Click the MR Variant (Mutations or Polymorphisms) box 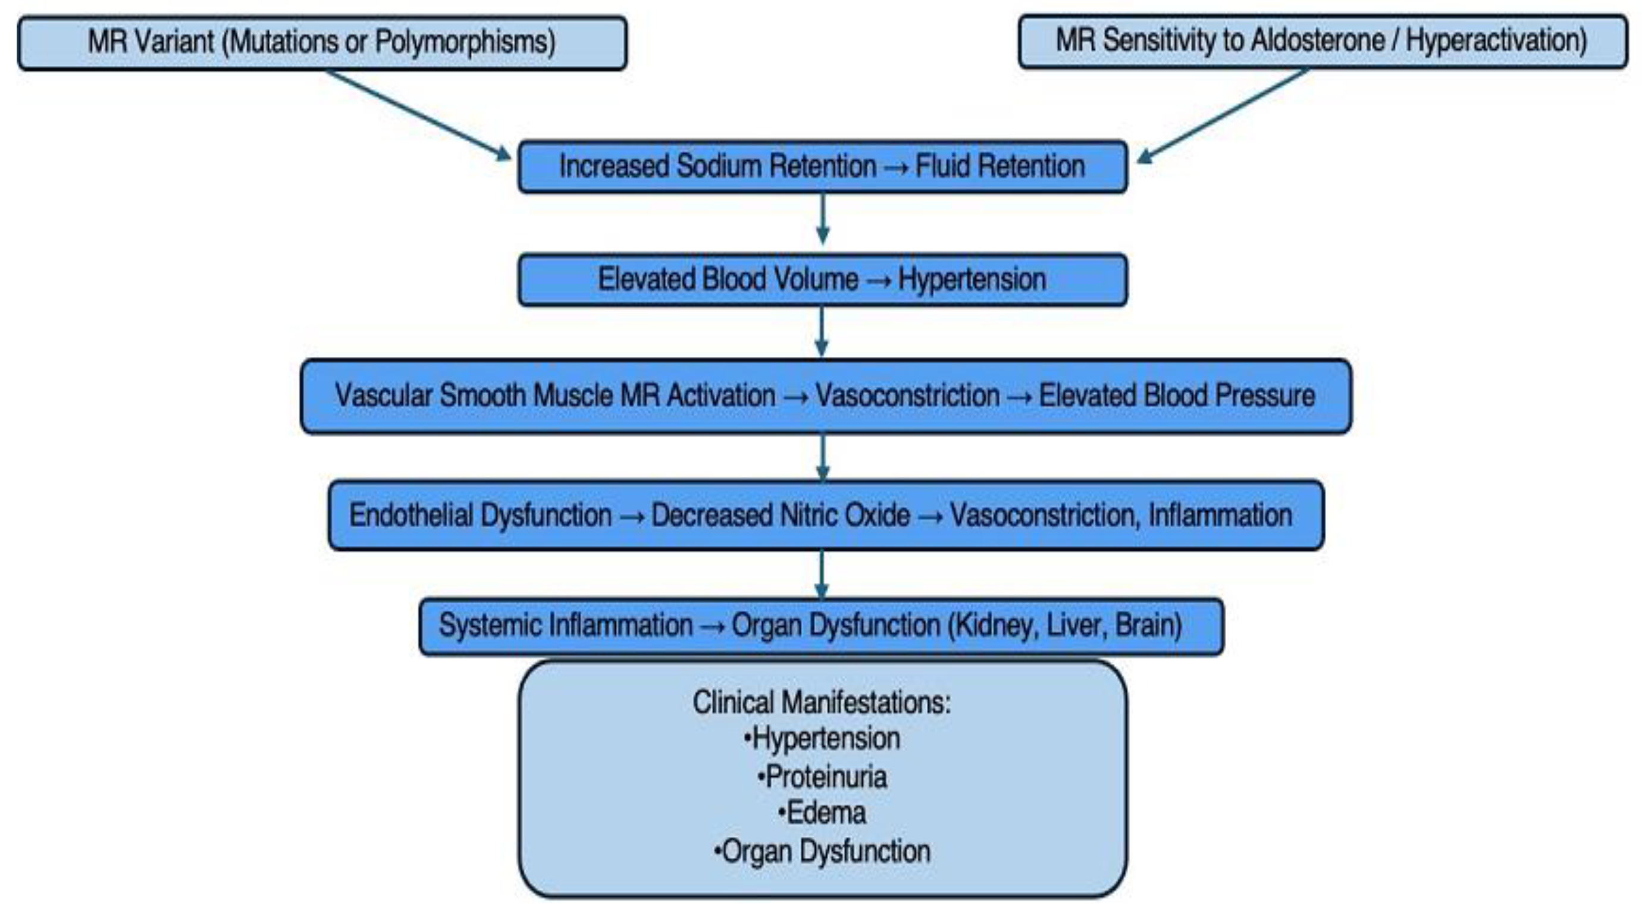click(322, 43)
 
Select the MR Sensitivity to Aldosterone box click(1323, 42)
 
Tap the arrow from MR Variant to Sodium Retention click(418, 115)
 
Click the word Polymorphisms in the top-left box click(465, 43)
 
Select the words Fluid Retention click(999, 167)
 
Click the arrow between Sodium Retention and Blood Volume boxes click(822, 218)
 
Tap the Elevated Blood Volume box click(822, 280)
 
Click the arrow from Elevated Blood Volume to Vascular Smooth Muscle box click(822, 331)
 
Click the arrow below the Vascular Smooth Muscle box click(822, 456)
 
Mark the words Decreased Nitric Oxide click(780, 516)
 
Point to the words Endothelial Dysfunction click(480, 516)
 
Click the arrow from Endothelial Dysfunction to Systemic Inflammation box click(822, 574)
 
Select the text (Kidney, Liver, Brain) click(1064, 626)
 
